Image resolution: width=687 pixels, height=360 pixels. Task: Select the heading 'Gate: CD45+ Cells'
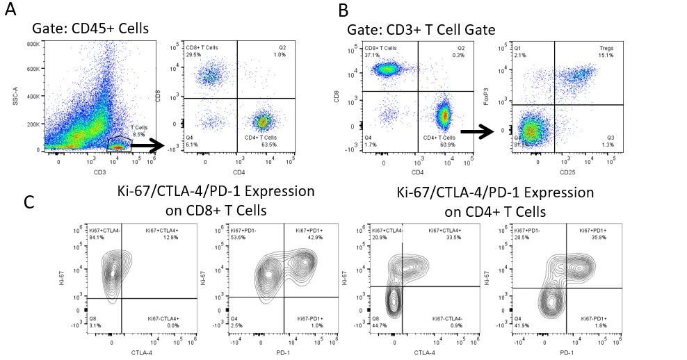90,29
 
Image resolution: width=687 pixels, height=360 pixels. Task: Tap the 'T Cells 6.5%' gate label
138,133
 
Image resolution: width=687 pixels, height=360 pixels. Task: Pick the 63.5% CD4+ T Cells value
266,143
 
